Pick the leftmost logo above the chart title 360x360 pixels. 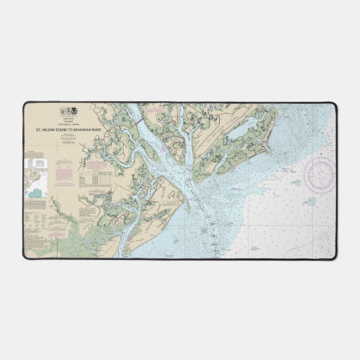point(61,112)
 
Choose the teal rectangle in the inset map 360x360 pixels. point(37,193)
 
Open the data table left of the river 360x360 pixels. point(95,178)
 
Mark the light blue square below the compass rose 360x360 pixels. point(310,201)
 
